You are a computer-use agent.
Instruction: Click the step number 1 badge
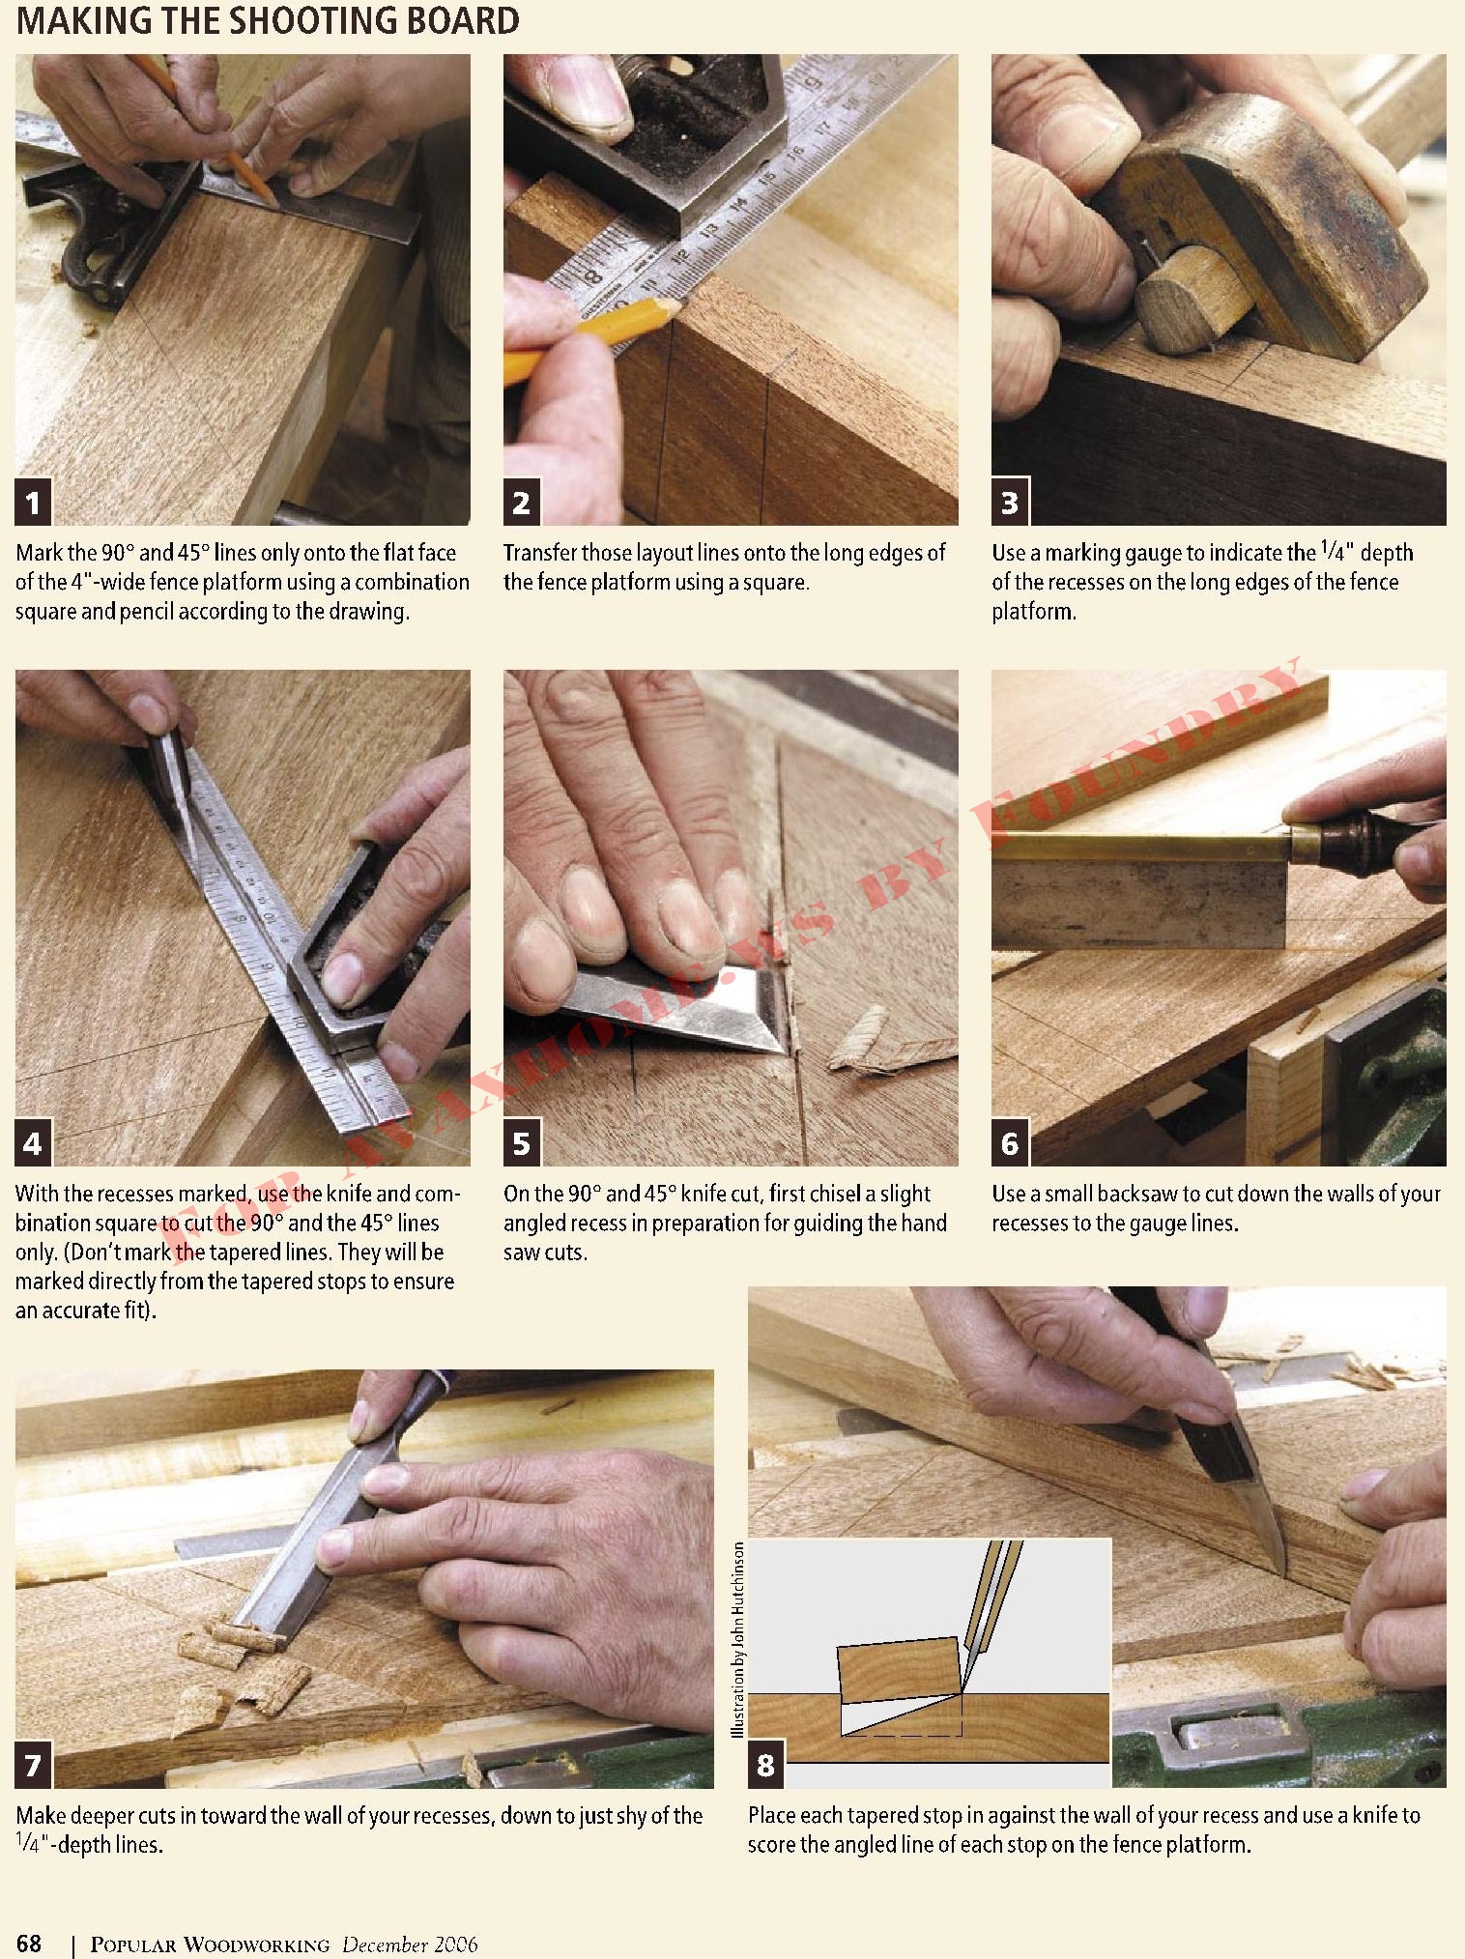coord(34,502)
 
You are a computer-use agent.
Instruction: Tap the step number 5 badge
coord(522,1143)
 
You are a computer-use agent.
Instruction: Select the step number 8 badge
coord(765,1765)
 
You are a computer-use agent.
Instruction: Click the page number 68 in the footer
coord(29,1944)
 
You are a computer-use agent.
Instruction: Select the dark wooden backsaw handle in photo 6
coord(1367,841)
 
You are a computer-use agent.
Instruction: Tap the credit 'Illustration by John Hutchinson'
coord(738,1639)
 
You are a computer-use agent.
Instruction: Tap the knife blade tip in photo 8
coord(1283,1570)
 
